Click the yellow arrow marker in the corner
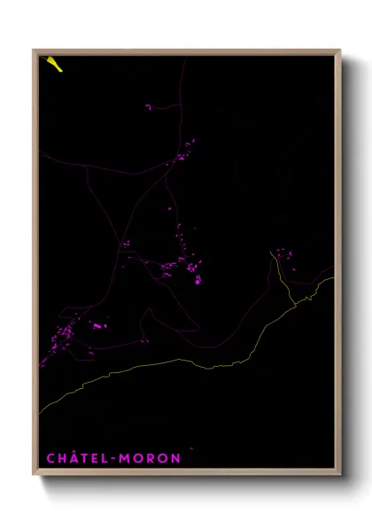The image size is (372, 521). [54, 63]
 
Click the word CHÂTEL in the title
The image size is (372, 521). [73, 457]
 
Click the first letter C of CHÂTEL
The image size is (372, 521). [49, 458]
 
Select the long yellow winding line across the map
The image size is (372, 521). [177, 360]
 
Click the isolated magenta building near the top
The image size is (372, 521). [149, 107]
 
